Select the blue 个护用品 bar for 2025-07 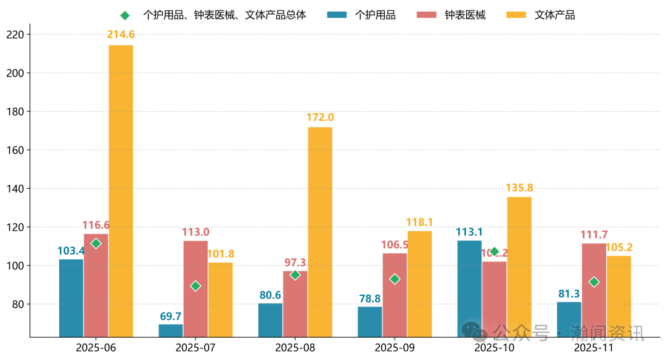click(171, 330)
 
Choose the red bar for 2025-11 click(594, 290)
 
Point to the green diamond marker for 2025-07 click(195, 286)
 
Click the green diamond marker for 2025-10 click(494, 252)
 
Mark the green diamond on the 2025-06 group click(96, 243)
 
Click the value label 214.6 click(121, 35)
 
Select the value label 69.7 click(171, 316)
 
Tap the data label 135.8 click(519, 187)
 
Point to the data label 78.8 click(370, 298)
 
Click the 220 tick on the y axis click(14, 35)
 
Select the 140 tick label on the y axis click(14, 189)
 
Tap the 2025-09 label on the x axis click(395, 347)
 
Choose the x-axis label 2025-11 click(594, 347)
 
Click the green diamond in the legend click(125, 15)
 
